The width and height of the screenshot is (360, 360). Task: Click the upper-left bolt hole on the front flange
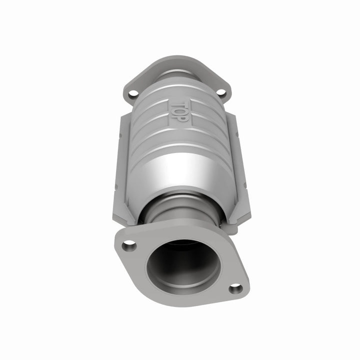(129, 245)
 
